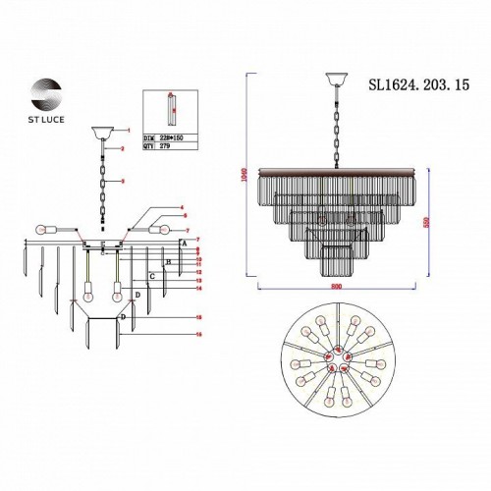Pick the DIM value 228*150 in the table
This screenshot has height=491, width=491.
[x=171, y=138]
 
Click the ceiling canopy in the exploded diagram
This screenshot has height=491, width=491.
[x=101, y=132]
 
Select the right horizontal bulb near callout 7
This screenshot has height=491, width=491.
[x=161, y=229]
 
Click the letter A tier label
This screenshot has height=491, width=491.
[x=183, y=244]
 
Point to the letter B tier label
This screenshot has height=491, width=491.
[x=168, y=262]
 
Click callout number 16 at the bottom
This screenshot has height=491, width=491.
[x=199, y=334]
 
